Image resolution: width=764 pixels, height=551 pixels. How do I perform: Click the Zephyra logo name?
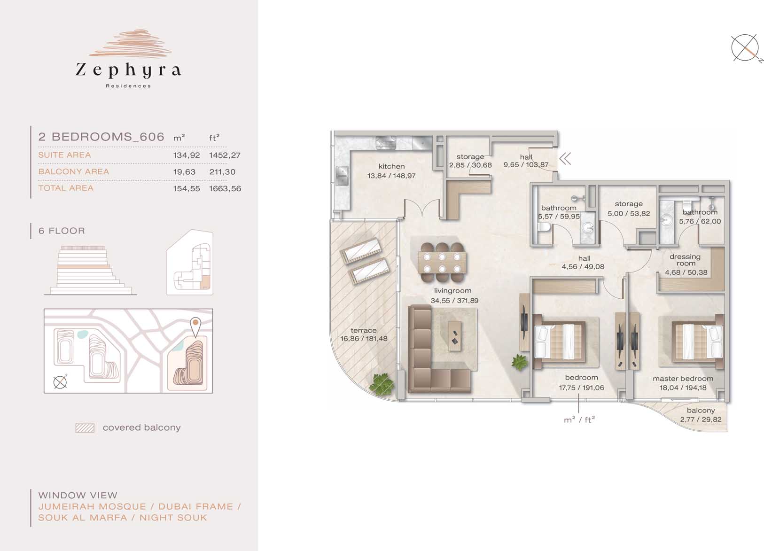tap(128, 70)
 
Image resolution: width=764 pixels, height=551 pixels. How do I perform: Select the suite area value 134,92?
tap(186, 155)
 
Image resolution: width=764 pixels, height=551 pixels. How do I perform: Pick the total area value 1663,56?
tap(225, 188)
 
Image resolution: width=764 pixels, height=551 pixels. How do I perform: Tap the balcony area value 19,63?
tap(184, 172)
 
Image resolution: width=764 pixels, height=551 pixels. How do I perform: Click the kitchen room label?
tap(391, 166)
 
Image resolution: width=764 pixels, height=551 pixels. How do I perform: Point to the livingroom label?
tap(452, 291)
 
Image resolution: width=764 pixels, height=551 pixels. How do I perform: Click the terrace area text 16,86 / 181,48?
tap(364, 339)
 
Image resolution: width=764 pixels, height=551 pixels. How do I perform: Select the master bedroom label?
tap(683, 379)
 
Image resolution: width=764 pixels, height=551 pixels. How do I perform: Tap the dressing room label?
tap(685, 260)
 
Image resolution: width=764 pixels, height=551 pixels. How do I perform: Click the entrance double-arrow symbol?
tap(565, 159)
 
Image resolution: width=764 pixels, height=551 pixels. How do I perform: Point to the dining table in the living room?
tap(442, 262)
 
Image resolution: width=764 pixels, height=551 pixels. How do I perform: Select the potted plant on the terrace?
tap(382, 384)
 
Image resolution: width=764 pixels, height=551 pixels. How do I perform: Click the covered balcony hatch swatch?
tap(85, 428)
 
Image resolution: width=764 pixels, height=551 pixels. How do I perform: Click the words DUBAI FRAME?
tap(195, 506)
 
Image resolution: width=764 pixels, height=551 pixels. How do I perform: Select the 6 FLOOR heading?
tap(62, 231)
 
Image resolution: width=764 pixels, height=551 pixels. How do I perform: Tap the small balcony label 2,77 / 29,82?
tap(701, 419)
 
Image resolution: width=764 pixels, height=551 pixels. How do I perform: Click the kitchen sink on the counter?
tap(342, 174)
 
